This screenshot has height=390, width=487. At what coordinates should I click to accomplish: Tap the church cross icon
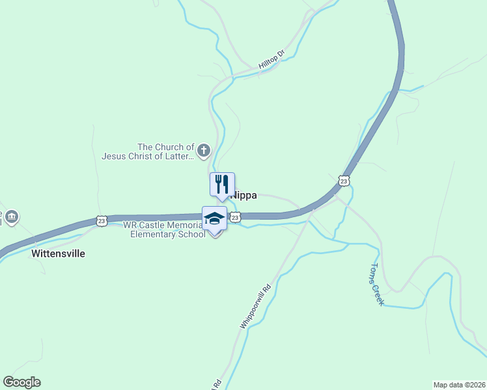[x=204, y=151]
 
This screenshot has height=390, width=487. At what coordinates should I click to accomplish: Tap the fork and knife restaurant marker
[x=221, y=185]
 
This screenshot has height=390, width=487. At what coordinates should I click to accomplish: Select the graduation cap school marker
[x=214, y=218]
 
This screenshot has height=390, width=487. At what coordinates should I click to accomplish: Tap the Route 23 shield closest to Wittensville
[x=102, y=221]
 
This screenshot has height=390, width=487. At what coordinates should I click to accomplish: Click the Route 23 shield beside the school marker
[x=236, y=217]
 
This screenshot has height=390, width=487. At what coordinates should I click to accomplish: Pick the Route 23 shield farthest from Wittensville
[x=344, y=179]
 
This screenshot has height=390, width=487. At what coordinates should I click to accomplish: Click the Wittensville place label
[x=58, y=253]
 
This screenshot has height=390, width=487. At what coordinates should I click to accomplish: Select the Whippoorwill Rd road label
[x=255, y=305]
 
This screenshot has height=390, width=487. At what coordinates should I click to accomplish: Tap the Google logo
[x=21, y=382]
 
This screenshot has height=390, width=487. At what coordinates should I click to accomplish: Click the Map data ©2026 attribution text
[x=459, y=384]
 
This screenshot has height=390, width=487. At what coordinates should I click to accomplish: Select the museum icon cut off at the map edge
[x=11, y=216]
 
